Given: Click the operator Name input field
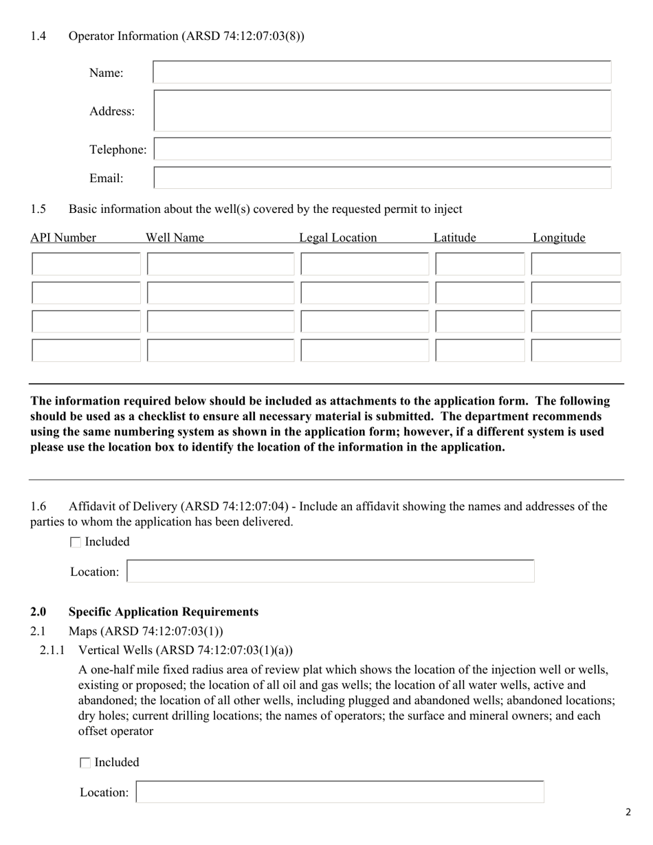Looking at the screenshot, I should [381, 72].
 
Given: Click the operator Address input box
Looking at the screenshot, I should [381, 111].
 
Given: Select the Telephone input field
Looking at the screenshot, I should [381, 149].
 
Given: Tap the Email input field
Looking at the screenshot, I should [381, 178].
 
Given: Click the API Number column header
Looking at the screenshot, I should [63, 238].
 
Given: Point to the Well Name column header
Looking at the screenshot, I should [175, 238].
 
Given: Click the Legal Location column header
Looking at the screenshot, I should [337, 238].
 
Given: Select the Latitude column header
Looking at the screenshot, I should [454, 238].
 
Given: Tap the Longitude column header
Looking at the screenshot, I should [559, 238].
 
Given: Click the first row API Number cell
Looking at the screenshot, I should [86, 264].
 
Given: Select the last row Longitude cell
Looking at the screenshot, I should [576, 350].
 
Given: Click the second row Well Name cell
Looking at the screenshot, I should [221, 293].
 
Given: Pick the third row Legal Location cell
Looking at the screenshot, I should [364, 322].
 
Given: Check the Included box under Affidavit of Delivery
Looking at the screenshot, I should [76, 542].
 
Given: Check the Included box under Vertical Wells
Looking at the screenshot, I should [85, 763].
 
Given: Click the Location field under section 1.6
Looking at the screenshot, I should [331, 572].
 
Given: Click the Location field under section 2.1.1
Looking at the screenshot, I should [340, 792].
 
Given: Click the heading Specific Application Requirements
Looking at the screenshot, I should [164, 611].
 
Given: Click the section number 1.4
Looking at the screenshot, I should [38, 36].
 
